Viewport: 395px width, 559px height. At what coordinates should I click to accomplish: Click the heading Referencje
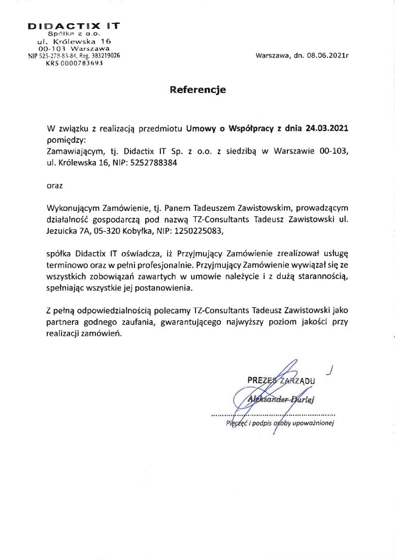pyautogui.click(x=197, y=90)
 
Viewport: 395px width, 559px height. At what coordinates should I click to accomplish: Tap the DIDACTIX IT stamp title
pyautogui.click(x=74, y=25)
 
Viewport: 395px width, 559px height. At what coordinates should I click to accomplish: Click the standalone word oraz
pyautogui.click(x=54, y=185)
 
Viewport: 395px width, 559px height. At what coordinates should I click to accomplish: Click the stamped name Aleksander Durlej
pyautogui.click(x=281, y=399)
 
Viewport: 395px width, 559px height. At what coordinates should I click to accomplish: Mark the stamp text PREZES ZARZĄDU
pyautogui.click(x=281, y=380)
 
